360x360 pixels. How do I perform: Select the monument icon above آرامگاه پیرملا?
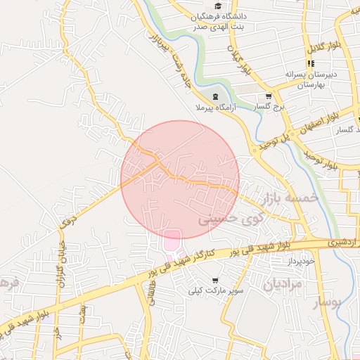click(214, 97)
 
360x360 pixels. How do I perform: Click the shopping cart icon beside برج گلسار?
click(268, 96)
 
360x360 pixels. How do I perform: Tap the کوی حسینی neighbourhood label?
click(223, 219)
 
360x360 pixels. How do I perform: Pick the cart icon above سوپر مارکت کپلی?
click(214, 280)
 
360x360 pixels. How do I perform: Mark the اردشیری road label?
click(340, 242)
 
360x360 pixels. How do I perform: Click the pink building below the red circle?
click(172, 240)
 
